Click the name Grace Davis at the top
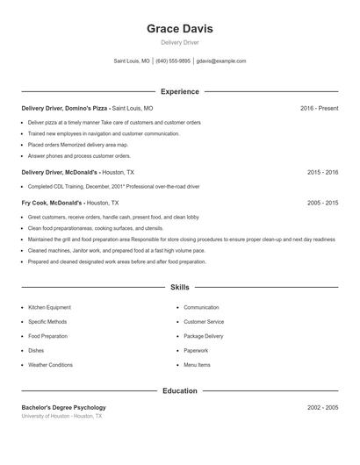pyautogui.click(x=179, y=29)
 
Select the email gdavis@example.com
pyautogui.click(x=221, y=61)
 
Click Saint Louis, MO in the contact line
pyautogui.click(x=132, y=61)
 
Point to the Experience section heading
pyautogui.click(x=179, y=91)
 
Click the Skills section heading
pyautogui.click(x=179, y=287)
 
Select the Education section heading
pyautogui.click(x=179, y=390)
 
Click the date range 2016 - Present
pyautogui.click(x=319, y=108)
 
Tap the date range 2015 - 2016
pyautogui.click(x=322, y=173)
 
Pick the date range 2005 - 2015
pyautogui.click(x=322, y=203)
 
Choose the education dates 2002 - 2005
pyautogui.click(x=322, y=407)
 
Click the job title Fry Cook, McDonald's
pyautogui.click(x=52, y=203)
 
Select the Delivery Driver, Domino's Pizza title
pyautogui.click(x=64, y=108)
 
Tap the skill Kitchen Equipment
pyautogui.click(x=49, y=308)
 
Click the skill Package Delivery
pyautogui.click(x=203, y=336)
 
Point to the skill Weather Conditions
pyautogui.click(x=50, y=364)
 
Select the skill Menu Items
pyautogui.click(x=197, y=364)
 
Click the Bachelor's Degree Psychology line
pyautogui.click(x=63, y=407)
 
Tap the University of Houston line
pyautogui.click(x=61, y=416)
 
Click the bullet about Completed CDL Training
pyautogui.click(x=113, y=186)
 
